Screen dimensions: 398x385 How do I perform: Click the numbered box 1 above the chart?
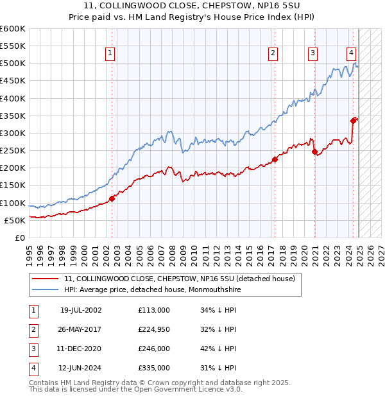pyautogui.click(x=111, y=53)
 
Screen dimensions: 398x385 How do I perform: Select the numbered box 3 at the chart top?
pyautogui.click(x=312, y=53)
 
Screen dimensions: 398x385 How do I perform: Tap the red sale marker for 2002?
pyautogui.click(x=112, y=198)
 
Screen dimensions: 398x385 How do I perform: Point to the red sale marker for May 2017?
pyautogui.click(x=274, y=159)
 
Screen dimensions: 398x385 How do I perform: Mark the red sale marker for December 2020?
pyautogui.click(x=314, y=152)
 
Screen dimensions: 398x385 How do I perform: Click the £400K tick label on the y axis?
pyautogui.click(x=13, y=98)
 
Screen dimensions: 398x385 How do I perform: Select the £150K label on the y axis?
pyautogui.click(x=13, y=185)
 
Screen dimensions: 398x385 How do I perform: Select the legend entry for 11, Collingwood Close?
pyautogui.click(x=179, y=279)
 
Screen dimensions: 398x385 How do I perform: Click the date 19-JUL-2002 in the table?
pyautogui.click(x=81, y=309)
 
